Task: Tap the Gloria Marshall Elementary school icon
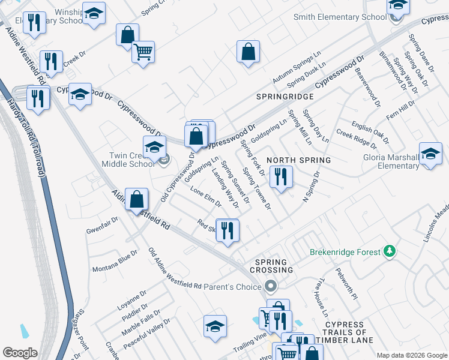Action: click(x=430, y=154)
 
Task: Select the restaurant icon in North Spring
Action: click(x=280, y=176)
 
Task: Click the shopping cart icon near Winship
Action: click(x=143, y=52)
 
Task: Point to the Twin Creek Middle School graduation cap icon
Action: click(x=154, y=146)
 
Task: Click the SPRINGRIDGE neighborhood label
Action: click(x=285, y=96)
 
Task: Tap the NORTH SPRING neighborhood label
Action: click(x=299, y=160)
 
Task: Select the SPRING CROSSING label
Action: click(x=274, y=266)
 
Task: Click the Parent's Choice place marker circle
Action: click(x=271, y=287)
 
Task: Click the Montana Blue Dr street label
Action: click(x=115, y=264)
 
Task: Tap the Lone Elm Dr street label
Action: click(x=206, y=199)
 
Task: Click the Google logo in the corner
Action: click(x=20, y=353)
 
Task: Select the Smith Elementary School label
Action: click(x=340, y=17)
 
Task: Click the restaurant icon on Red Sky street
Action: click(x=228, y=230)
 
